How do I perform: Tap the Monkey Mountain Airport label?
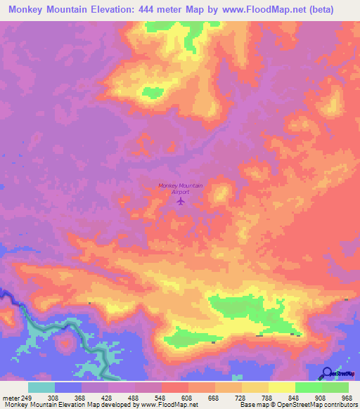181,188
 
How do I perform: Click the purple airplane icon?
181,202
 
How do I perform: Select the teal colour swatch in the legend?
41,387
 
